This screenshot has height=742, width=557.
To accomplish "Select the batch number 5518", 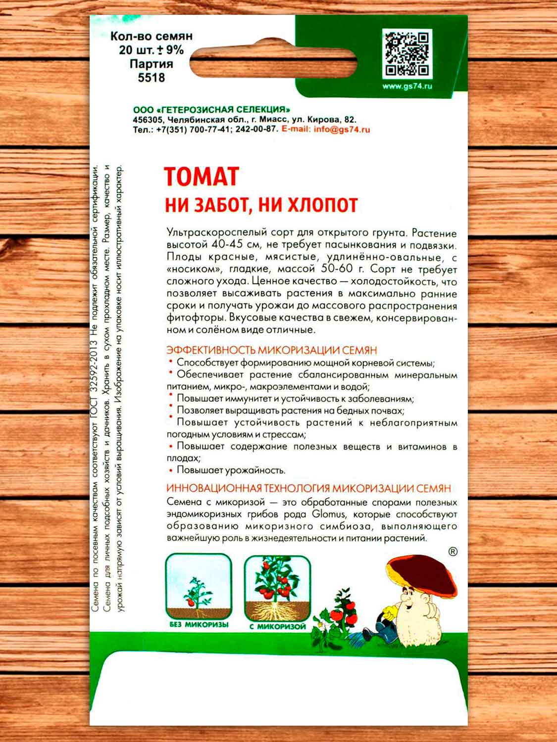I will click(x=152, y=78).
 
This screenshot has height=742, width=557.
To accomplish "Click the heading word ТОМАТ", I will click(x=202, y=177).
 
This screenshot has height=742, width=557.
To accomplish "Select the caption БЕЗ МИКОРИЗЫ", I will click(x=199, y=625).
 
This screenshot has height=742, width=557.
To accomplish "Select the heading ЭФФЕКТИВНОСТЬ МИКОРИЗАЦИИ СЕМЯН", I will click(x=272, y=350).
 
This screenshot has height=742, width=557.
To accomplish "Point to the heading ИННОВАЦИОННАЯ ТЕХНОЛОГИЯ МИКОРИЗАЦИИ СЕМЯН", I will click(x=309, y=489).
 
